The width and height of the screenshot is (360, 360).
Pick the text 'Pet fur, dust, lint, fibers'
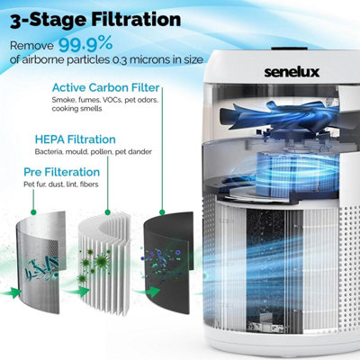tap(60, 184)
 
